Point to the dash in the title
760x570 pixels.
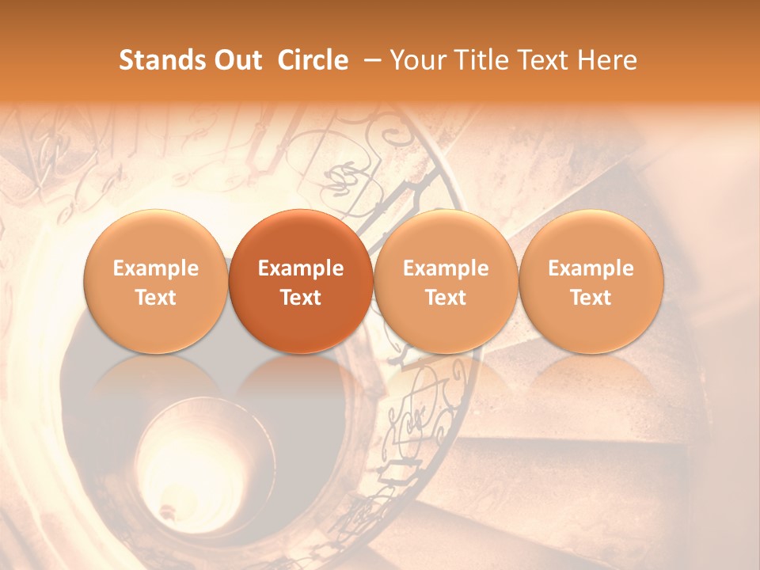point(369,60)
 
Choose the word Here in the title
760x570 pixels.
point(606,60)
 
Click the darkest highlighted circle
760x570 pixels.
point(301,281)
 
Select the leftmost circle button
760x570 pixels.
point(156,281)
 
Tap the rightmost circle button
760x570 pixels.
point(591,281)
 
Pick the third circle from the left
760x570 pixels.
point(446,281)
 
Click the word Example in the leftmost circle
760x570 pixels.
point(156,268)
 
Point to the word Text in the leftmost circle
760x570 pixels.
point(156,298)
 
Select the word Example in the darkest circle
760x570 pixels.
point(301,268)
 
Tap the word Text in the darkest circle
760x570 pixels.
point(301,298)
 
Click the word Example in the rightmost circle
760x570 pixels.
point(591,268)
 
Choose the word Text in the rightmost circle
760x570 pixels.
point(591,298)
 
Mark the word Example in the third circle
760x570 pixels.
point(446,268)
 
